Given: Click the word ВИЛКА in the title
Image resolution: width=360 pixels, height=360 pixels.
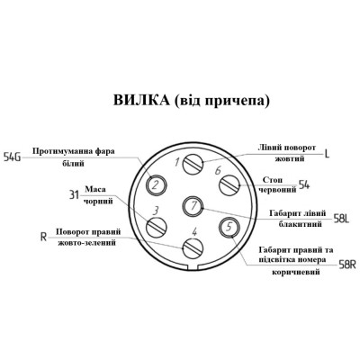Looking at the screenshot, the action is click(x=141, y=100).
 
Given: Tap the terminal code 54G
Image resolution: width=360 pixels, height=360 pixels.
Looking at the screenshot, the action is click(x=12, y=157).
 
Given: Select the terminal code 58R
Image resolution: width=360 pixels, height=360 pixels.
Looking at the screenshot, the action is click(x=347, y=265).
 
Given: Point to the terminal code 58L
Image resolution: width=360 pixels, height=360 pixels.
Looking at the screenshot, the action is click(x=341, y=219).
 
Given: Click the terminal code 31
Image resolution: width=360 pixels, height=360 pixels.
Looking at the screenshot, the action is click(x=74, y=195).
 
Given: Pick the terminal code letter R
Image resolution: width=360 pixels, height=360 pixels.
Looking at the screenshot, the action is click(x=44, y=238).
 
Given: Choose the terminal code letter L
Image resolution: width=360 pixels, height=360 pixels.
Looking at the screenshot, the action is click(x=327, y=154).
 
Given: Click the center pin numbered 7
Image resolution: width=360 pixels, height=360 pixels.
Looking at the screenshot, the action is click(x=193, y=206).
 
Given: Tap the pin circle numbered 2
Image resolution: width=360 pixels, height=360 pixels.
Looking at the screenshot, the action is click(x=156, y=184).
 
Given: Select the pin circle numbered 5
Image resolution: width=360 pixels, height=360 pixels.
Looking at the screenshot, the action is click(x=229, y=227).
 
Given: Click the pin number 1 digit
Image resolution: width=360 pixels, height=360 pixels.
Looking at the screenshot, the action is click(x=177, y=162).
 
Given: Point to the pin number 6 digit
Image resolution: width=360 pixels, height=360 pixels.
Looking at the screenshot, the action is click(x=218, y=170).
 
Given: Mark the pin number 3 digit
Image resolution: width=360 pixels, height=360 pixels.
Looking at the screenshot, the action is click(x=155, y=211).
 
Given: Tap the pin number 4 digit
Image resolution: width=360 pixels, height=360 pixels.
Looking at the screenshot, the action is click(x=194, y=231).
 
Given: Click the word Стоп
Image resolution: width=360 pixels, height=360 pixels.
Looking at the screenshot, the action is click(x=273, y=180).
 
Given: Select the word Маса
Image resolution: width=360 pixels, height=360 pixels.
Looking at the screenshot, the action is click(x=95, y=190).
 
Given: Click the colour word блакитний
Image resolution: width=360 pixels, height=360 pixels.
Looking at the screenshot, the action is click(x=301, y=224).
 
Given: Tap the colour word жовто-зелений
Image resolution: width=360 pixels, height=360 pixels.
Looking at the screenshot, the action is click(x=86, y=242).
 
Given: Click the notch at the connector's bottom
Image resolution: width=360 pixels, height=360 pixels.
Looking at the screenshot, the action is click(x=193, y=266).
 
